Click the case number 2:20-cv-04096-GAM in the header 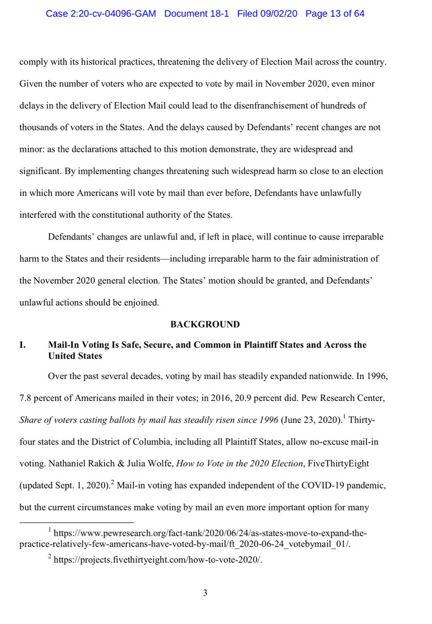(x=101, y=14)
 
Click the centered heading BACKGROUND (x=205, y=324)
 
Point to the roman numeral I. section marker (x=23, y=345)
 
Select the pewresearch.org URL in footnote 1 (x=208, y=534)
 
